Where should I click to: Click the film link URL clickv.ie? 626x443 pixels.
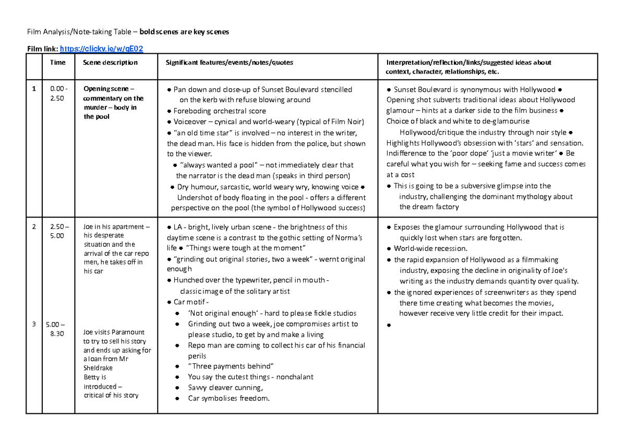coord(102,49)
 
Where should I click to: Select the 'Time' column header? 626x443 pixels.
coord(57,63)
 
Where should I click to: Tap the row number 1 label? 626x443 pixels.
coord(33,89)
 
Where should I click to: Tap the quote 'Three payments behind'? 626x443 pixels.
coord(231,366)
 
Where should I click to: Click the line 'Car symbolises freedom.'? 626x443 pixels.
coord(229,399)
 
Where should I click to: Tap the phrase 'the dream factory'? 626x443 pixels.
coord(429,207)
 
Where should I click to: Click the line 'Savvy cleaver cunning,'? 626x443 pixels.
coord(225,388)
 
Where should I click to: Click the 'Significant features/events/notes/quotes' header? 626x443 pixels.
coord(230,63)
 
